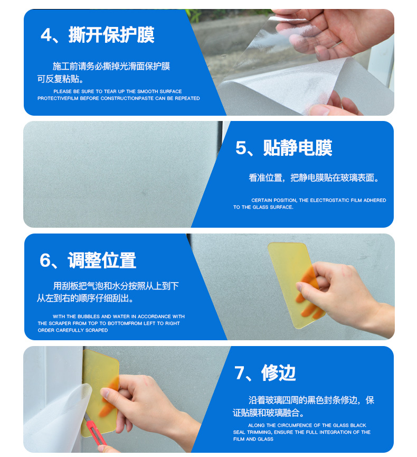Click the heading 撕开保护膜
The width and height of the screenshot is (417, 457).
[x=111, y=35]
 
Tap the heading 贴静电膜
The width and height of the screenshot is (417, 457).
[x=298, y=148]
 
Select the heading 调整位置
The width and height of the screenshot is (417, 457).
[x=102, y=260]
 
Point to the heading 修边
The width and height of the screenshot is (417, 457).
[x=279, y=373]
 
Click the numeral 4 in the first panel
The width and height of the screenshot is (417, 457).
[x=46, y=35]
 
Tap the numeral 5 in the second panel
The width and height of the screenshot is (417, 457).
[x=241, y=148]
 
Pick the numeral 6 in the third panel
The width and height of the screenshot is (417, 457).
[x=45, y=260]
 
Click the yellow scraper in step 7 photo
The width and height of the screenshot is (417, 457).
[x=100, y=393]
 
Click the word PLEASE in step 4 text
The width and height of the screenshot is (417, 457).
[x=63, y=91]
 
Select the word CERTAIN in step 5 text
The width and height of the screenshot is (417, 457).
[x=260, y=200]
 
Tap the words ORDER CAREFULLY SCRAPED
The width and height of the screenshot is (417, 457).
[x=73, y=330]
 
